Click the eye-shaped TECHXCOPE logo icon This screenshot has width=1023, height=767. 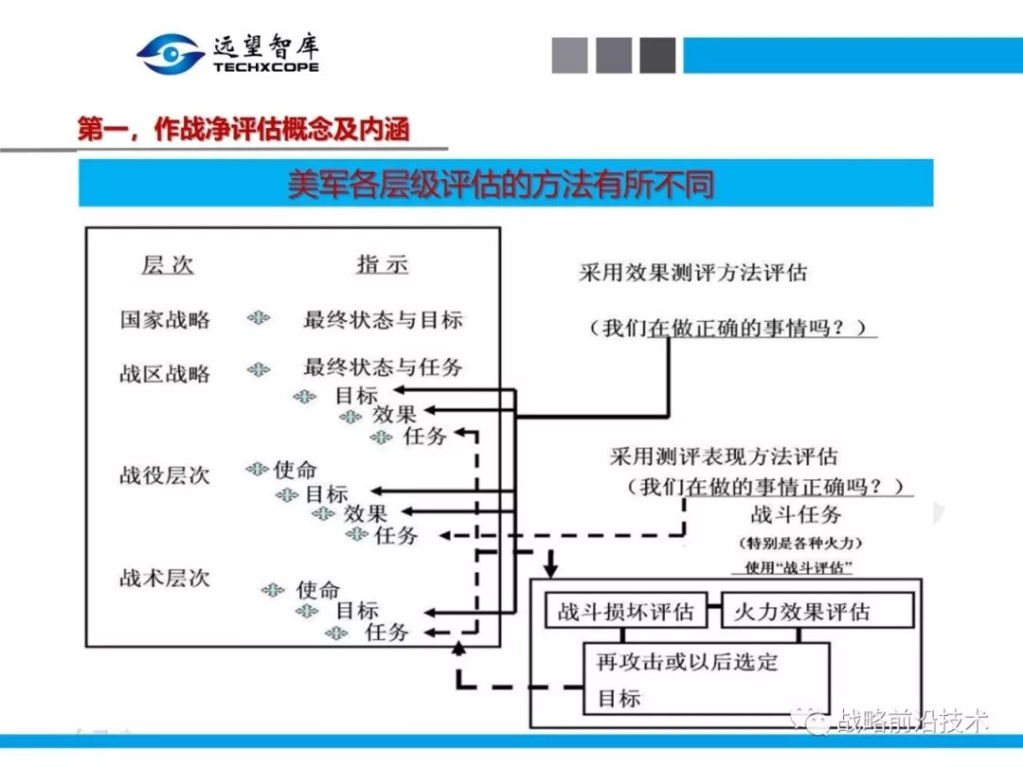pos(170,54)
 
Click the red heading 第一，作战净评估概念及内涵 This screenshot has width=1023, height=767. pos(243,130)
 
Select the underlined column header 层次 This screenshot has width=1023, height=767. pos(168,265)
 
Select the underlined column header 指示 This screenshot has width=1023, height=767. pos(382,264)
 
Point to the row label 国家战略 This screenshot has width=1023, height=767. pos(165,319)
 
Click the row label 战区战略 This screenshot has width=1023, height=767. pos(165,373)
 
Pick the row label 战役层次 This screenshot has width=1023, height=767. pos(165,474)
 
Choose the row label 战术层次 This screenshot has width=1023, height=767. pos(165,578)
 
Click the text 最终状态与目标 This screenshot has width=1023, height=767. pos(383,319)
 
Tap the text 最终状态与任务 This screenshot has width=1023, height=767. pos(383,367)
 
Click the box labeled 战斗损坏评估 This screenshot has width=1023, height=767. pos(625,612)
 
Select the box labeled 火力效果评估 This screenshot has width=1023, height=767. pos(801,612)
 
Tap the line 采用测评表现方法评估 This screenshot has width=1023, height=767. pos(724,457)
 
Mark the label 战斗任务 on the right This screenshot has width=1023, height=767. pos(796,515)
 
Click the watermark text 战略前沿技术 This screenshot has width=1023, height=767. pos(913,722)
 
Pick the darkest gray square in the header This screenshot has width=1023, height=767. pos(657,55)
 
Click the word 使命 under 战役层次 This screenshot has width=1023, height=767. pos(295,470)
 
